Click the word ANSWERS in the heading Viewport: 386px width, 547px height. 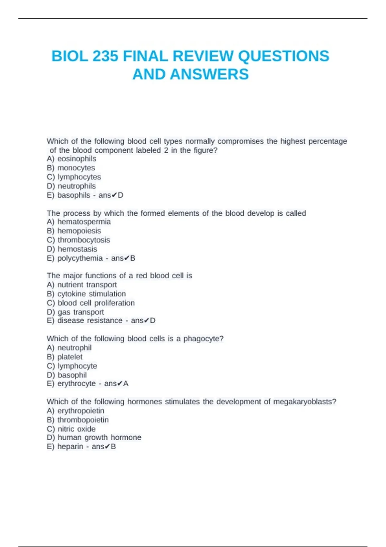click(x=209, y=74)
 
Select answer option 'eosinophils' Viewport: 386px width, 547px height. click(x=77, y=159)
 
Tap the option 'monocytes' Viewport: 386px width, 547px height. click(x=76, y=168)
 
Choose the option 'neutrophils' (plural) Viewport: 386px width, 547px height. click(x=77, y=186)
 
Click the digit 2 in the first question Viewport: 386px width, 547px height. click(x=166, y=150)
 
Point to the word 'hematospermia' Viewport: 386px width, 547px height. click(x=84, y=222)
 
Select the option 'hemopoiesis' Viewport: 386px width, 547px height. click(x=79, y=231)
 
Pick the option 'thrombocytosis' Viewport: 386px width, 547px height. click(x=84, y=240)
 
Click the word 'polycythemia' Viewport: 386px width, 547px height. click(x=80, y=258)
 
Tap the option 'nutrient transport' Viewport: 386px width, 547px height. click(x=87, y=285)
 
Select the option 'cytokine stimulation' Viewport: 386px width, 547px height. click(x=91, y=294)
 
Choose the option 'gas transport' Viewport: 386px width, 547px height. click(x=81, y=312)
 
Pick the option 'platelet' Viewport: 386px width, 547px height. click(x=70, y=357)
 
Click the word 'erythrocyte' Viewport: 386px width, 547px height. click(x=76, y=384)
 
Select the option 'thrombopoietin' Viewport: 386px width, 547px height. click(x=83, y=420)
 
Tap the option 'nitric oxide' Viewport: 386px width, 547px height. click(x=77, y=429)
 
